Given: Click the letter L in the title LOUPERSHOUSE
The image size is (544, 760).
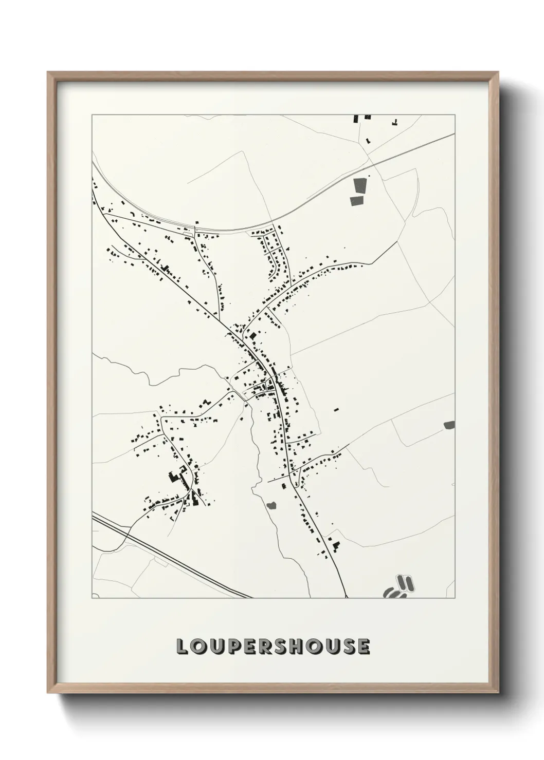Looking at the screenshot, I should [182, 647].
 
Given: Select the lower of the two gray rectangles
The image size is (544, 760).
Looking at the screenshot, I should [356, 201].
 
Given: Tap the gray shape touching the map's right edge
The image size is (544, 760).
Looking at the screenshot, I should [449, 425].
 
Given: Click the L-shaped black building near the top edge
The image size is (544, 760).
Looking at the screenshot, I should [395, 122].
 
